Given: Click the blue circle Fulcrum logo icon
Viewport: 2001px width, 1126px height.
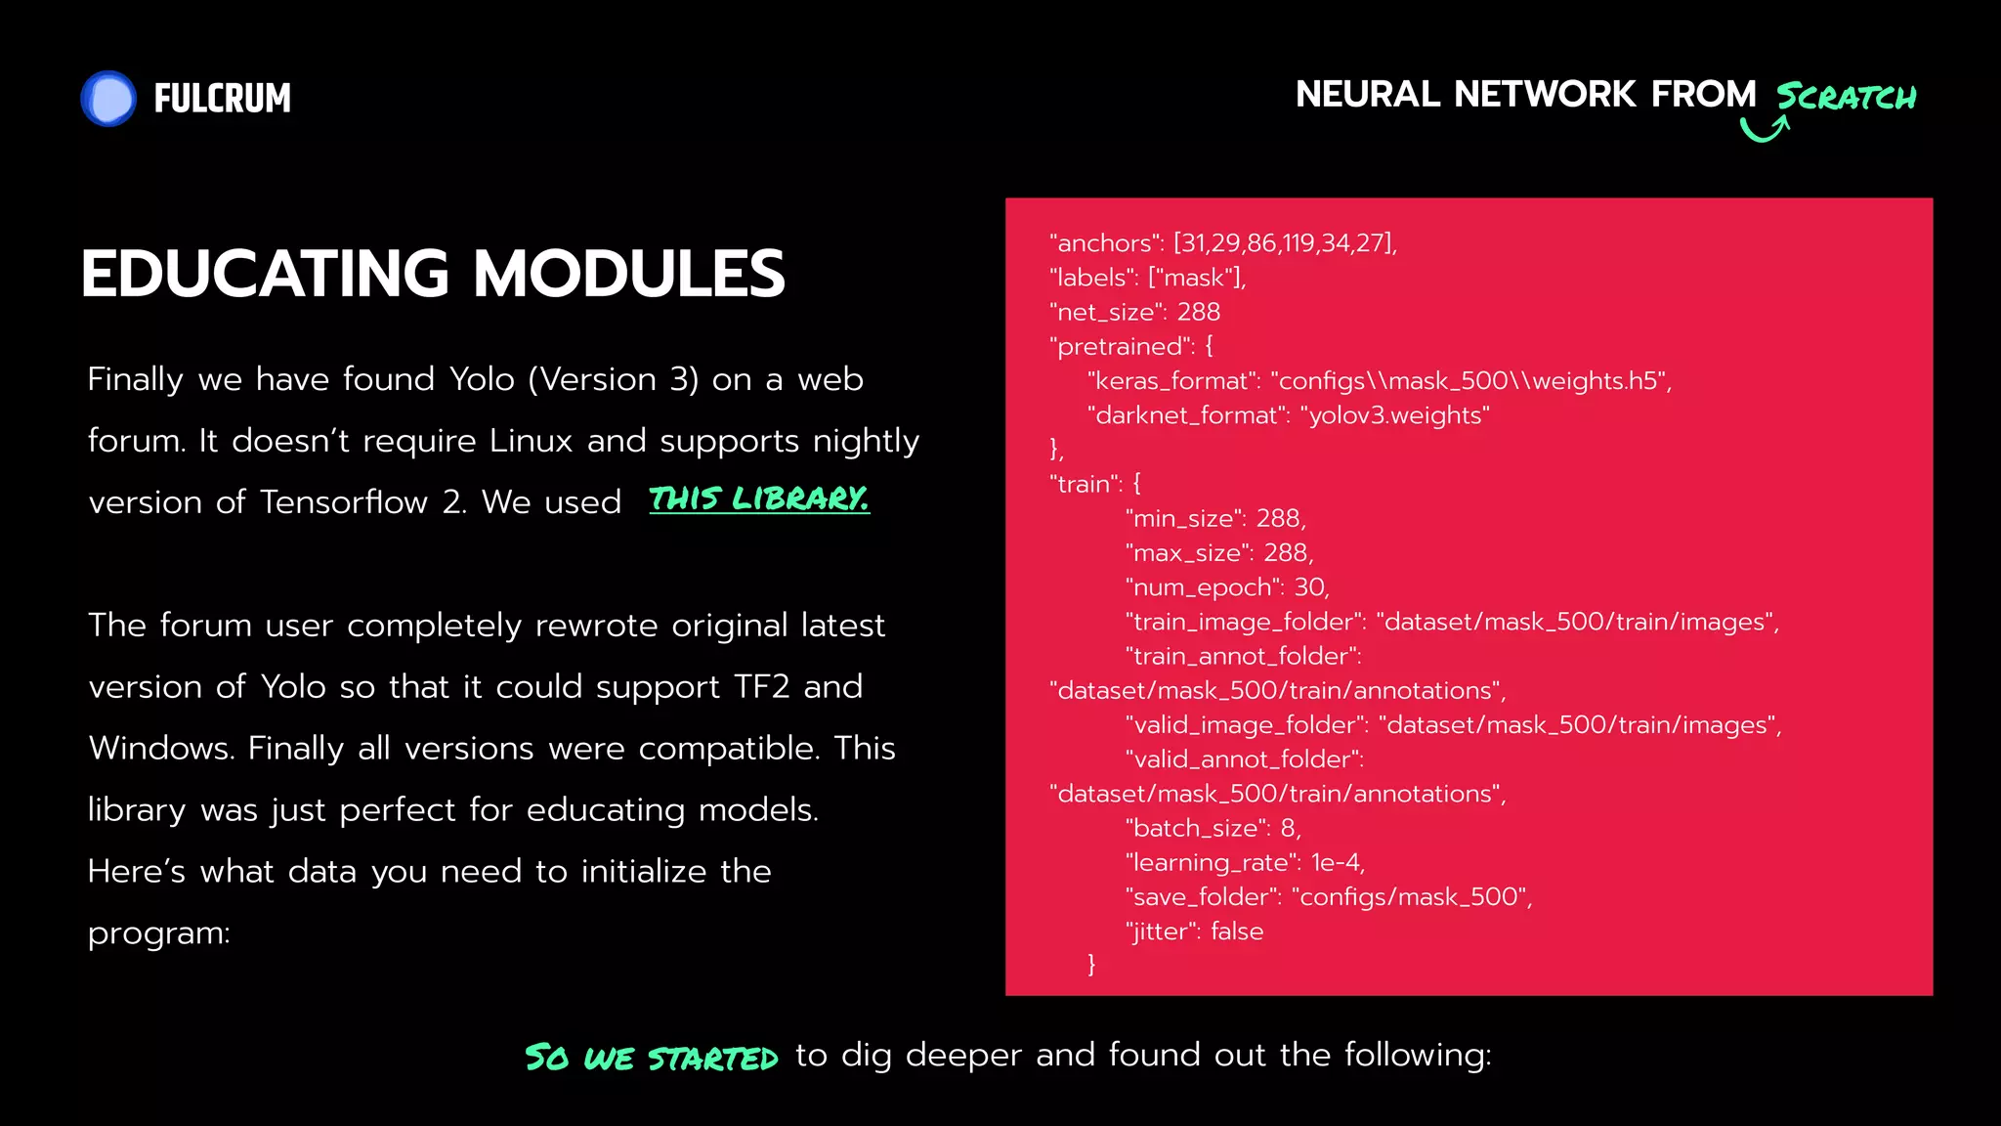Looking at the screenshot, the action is [x=108, y=99].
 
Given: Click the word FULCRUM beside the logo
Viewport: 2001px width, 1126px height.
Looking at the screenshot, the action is [x=222, y=99].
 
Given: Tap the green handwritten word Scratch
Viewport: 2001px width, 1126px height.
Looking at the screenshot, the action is [x=1846, y=97].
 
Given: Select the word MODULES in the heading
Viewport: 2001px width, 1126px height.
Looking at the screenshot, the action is [x=629, y=274].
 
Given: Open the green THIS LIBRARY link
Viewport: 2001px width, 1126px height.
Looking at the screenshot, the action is [x=759, y=499].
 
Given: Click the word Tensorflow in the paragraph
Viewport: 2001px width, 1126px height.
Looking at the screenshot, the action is [x=344, y=502].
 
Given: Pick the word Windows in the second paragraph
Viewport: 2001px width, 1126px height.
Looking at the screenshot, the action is [x=161, y=749].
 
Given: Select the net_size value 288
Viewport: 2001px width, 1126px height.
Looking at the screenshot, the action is [x=1199, y=312].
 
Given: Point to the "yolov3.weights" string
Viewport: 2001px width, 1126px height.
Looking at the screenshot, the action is [x=1395, y=415].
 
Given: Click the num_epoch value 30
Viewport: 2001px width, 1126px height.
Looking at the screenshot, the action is [x=1309, y=587].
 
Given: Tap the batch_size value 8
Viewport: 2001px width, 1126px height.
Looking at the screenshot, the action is [x=1289, y=828].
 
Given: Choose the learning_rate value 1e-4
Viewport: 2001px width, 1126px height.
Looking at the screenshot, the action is [x=1336, y=862].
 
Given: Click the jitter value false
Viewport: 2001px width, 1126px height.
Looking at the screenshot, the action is [x=1237, y=931].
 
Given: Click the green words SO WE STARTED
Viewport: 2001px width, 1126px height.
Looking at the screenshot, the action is [x=652, y=1058].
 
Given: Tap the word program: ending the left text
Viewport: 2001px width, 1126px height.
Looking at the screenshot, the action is [x=159, y=934].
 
